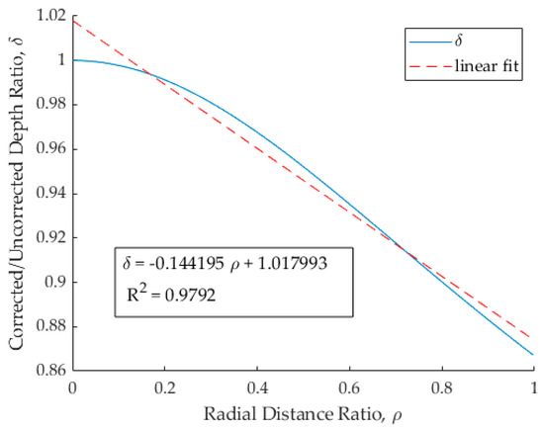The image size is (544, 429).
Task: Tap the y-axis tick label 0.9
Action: (53, 282)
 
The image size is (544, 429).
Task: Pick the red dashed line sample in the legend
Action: (422, 67)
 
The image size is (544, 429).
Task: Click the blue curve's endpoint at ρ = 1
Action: (533, 354)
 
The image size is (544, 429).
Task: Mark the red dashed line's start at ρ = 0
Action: (73, 21)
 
